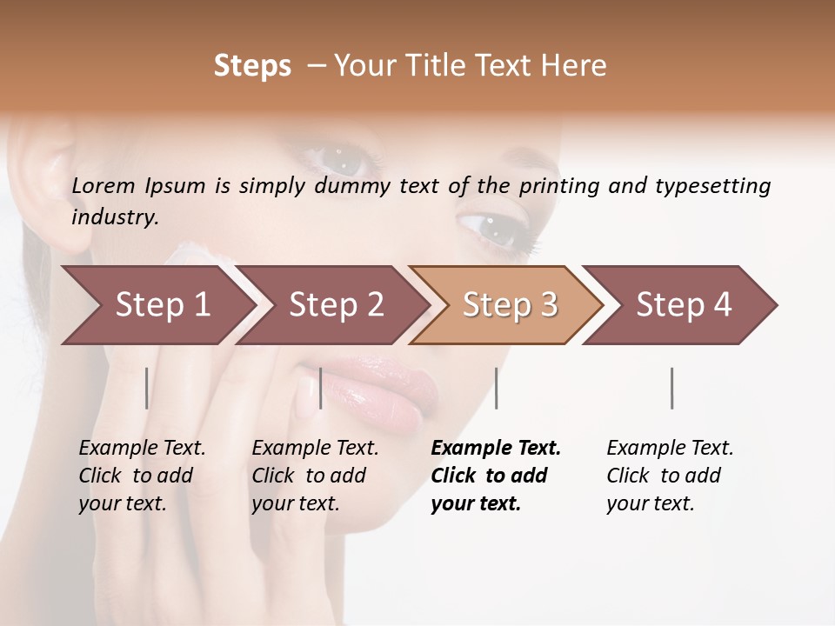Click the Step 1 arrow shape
(x=157, y=304)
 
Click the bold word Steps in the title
(x=252, y=66)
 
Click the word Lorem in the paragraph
(x=104, y=185)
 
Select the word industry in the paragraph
(x=115, y=216)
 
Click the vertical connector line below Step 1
(x=147, y=388)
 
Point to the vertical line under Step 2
(x=321, y=388)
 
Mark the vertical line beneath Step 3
(x=496, y=388)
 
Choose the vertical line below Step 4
(x=671, y=388)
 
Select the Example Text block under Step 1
(x=142, y=476)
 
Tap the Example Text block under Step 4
(x=670, y=476)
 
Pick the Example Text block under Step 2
(x=315, y=476)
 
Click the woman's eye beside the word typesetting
(x=490, y=228)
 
